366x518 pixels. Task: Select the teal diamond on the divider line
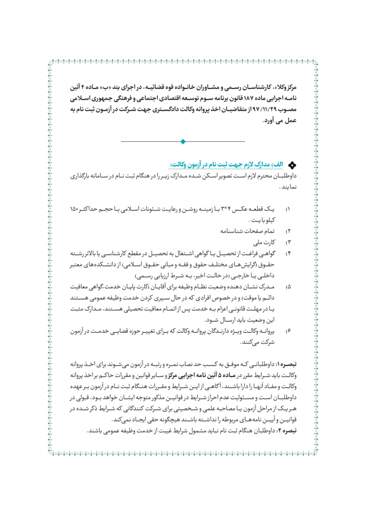coord(182,141)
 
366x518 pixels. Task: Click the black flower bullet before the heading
coord(292,166)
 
